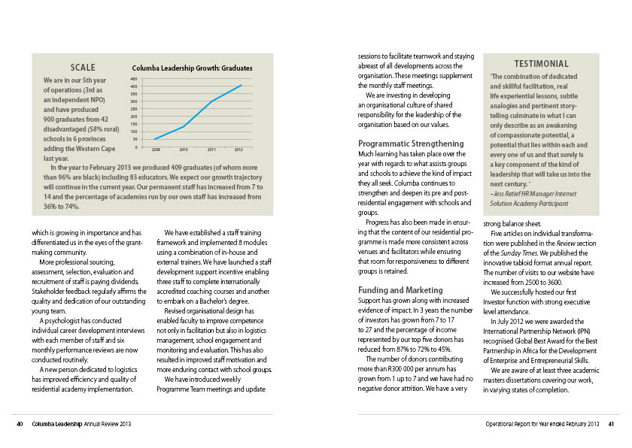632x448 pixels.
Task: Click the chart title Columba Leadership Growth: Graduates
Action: pyautogui.click(x=192, y=68)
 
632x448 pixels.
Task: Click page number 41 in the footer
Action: pyautogui.click(x=612, y=425)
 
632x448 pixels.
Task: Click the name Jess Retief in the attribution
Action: pyautogui.click(x=511, y=193)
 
